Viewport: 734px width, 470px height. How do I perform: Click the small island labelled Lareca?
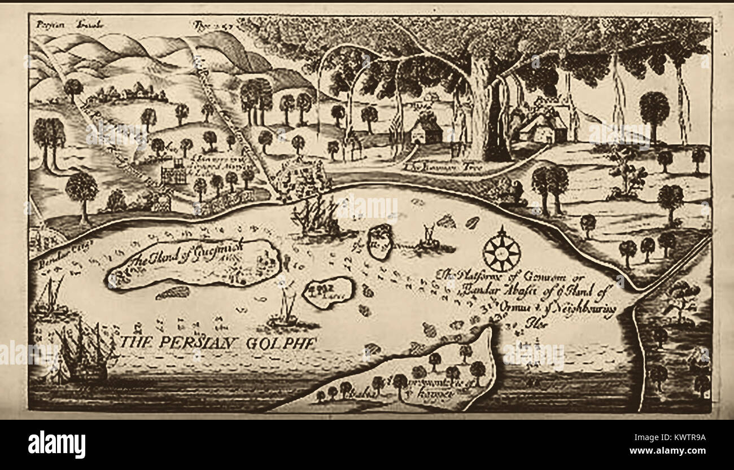pyautogui.click(x=327, y=292)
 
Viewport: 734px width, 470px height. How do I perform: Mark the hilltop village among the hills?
pyautogui.click(x=127, y=93)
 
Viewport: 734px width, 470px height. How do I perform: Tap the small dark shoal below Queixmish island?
pyautogui.click(x=173, y=292)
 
